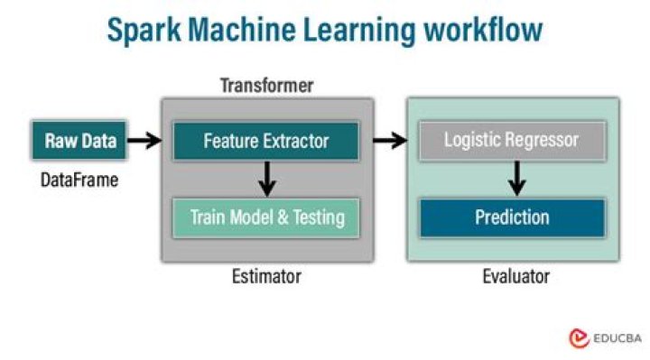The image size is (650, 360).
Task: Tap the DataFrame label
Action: pos(79,180)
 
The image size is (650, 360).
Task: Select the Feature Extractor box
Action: pos(265,141)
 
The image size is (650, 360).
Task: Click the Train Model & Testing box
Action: pos(266,217)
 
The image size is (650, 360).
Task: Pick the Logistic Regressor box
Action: pos(511,141)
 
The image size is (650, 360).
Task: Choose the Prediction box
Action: pos(512,217)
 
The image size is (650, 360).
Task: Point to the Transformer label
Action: pos(266,87)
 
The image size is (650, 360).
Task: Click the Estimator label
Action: pos(266,276)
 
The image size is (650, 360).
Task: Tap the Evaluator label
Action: pos(515,276)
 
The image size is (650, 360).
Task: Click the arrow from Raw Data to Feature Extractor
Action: pos(143,141)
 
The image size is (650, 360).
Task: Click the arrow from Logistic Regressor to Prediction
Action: pos(515,178)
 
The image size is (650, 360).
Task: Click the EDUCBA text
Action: pos(618,338)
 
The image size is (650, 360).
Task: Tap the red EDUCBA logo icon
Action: pos(579,338)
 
